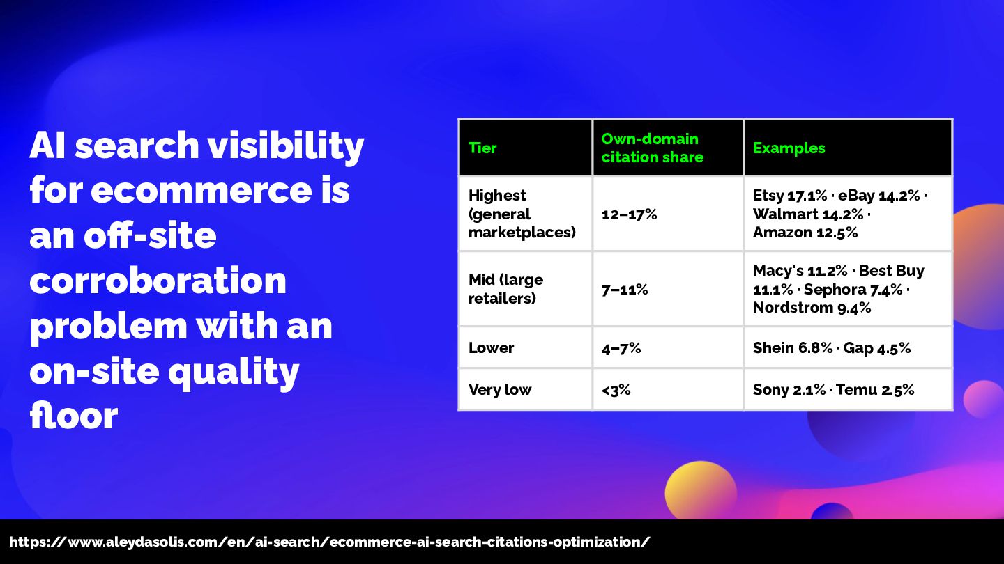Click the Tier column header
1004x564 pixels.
click(482, 148)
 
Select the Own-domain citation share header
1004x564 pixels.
click(652, 148)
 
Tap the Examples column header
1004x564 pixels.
click(789, 148)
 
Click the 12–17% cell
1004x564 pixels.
click(630, 214)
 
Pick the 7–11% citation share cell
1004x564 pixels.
click(625, 290)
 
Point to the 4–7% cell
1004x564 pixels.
click(621, 348)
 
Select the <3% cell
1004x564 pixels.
click(616, 390)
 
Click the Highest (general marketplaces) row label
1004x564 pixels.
click(522, 214)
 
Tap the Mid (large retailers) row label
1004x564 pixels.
click(505, 289)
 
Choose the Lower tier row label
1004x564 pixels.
click(492, 348)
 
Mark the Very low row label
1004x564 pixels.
click(500, 390)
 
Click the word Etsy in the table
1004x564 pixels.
click(768, 196)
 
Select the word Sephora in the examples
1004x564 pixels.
click(835, 290)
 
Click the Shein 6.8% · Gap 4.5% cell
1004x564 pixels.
click(832, 348)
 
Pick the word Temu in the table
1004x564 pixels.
click(856, 390)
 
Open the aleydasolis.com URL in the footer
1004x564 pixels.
click(329, 542)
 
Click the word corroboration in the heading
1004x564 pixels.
click(158, 281)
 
